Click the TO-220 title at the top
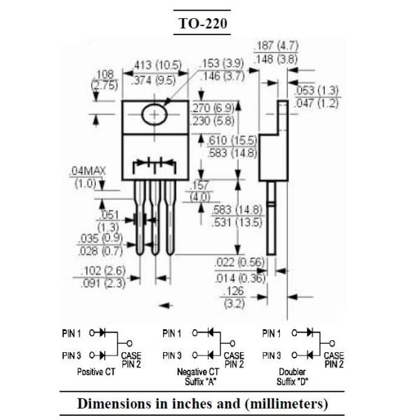pos(202,23)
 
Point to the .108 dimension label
pos(104,74)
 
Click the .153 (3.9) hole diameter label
pos(221,63)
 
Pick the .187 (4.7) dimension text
pos(276,45)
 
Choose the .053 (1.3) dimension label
pos(316,90)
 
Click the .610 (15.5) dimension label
pos(232,140)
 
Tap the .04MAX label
pos(87,171)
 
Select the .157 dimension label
pos(199,185)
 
